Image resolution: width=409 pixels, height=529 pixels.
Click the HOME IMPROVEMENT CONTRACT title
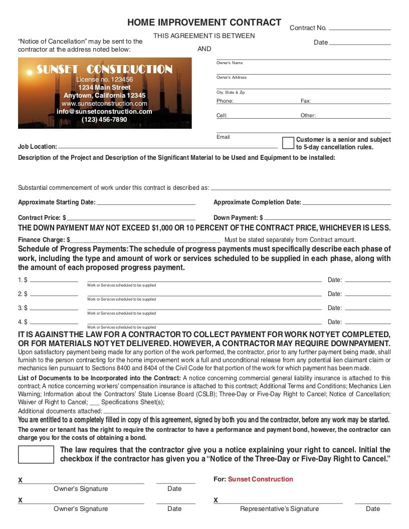tap(204, 23)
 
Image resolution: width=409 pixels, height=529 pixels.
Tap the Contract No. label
tap(308, 28)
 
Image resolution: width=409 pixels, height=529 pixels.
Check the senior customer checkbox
tap(288, 143)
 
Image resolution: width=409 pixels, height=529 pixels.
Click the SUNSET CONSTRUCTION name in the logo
tap(104, 70)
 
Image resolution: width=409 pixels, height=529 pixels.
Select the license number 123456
tap(104, 80)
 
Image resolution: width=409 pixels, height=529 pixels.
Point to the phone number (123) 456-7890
tap(104, 120)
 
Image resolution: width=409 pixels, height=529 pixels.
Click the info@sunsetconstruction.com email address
tap(104, 112)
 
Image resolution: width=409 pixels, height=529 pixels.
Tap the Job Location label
tap(38, 147)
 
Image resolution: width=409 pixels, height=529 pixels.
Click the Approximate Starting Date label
tap(56, 202)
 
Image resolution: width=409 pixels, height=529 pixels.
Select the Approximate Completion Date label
tap(257, 202)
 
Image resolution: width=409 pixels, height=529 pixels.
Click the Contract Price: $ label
tap(42, 218)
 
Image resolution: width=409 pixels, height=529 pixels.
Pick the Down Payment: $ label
tap(238, 218)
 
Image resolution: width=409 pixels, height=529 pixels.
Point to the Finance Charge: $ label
tap(44, 240)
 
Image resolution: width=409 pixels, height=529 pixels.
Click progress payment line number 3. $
tap(23, 308)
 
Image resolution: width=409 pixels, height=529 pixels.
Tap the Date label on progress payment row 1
tap(335, 280)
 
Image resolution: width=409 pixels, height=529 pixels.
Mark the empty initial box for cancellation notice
tap(36, 454)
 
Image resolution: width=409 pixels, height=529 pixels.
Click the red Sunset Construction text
tap(260, 479)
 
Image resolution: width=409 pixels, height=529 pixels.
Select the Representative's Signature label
tap(279, 509)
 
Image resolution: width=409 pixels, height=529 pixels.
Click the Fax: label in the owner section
tap(306, 101)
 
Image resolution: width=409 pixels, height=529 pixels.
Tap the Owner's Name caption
tap(230, 63)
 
